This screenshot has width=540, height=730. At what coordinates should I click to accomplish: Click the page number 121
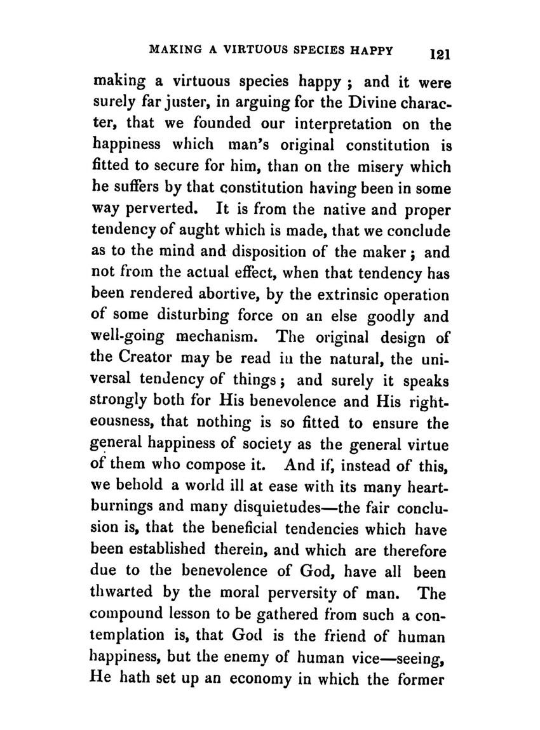pyautogui.click(x=438, y=55)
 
